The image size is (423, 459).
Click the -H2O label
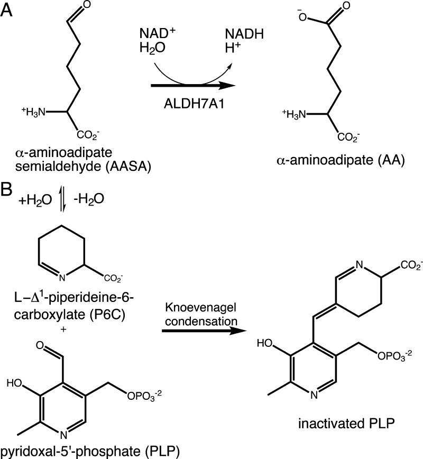coord(89,200)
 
